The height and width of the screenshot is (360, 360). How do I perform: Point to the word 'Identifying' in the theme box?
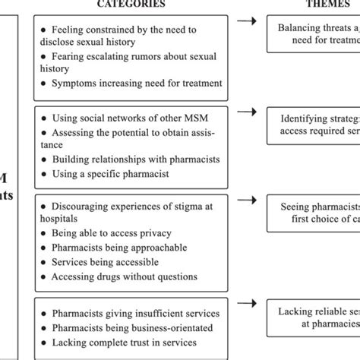[x=305, y=120]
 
